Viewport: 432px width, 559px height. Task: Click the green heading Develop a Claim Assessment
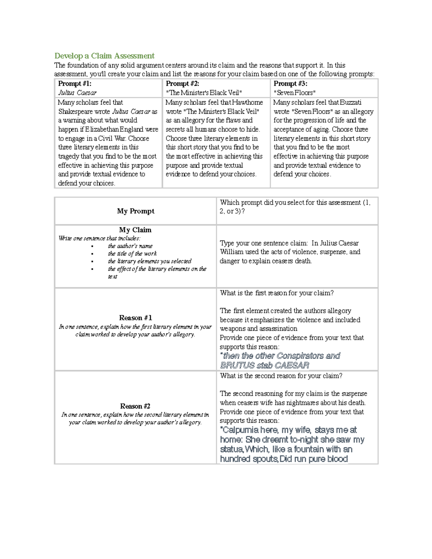coord(104,56)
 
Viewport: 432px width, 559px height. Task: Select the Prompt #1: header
coord(75,84)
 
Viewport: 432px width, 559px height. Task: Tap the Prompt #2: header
coord(182,84)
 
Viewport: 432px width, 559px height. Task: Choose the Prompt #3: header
coord(290,84)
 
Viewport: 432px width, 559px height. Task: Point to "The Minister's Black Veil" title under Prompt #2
coord(204,93)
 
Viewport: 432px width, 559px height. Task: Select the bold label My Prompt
coord(135,211)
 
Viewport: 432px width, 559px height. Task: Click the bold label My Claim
coord(135,230)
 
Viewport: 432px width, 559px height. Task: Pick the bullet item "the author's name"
coord(130,246)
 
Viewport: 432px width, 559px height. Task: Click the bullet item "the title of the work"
coord(132,253)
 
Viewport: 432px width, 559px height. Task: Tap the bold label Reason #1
coord(135,318)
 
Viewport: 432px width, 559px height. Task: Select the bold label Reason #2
coord(135,406)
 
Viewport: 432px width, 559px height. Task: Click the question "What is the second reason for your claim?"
coord(281,376)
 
